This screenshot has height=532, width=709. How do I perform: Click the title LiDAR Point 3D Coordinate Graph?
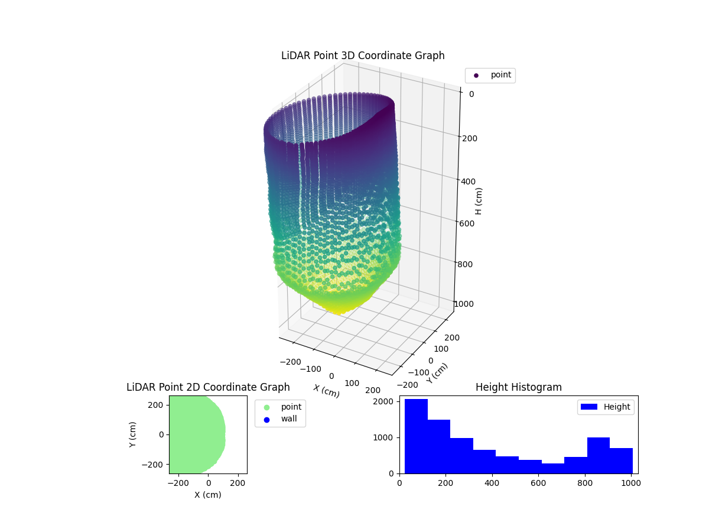tap(363, 56)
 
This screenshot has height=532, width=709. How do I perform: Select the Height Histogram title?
tap(518, 387)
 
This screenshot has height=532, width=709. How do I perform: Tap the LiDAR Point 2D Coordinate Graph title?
tap(208, 387)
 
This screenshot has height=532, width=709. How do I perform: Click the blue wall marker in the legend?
tap(266, 420)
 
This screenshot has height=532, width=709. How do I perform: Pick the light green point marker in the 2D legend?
tap(266, 407)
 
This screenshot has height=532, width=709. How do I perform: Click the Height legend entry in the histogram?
tap(605, 407)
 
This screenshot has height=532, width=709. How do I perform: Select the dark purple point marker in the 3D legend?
tap(476, 76)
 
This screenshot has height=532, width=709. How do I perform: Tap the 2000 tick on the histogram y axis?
tap(388, 401)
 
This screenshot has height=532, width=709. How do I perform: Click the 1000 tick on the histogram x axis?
tap(631, 483)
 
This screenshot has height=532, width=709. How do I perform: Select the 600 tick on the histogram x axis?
tap(538, 483)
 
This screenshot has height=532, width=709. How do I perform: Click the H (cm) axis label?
tap(479, 201)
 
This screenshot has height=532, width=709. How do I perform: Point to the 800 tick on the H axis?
tap(465, 264)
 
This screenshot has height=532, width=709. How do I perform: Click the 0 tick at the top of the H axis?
tap(471, 94)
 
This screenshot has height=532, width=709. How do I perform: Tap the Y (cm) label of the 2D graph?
tap(134, 434)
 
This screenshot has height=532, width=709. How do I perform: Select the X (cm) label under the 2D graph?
tap(208, 495)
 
